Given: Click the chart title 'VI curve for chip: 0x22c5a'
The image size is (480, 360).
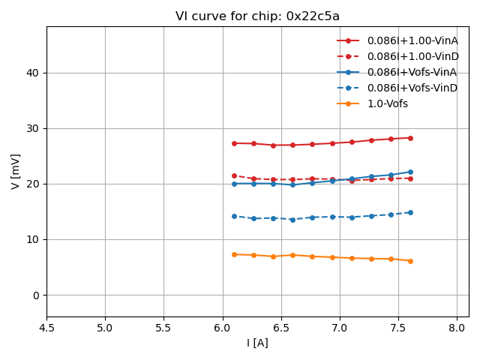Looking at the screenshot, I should click(257, 16).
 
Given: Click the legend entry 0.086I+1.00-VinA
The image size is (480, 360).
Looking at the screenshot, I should click(412, 40).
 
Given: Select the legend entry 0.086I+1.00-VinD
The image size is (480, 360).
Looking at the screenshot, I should click(412, 56).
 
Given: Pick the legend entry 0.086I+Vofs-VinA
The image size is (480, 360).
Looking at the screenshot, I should click(412, 72).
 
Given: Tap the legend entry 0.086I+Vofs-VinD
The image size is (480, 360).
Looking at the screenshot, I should click(412, 88).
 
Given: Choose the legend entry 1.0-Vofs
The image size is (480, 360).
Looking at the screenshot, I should click(388, 103).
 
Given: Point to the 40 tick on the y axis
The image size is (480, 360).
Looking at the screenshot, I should click(34, 73).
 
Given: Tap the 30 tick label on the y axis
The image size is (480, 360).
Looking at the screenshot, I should click(34, 128).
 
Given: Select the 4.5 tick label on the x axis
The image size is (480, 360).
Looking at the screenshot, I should click(46, 328).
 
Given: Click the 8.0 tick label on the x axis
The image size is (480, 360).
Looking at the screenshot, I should click(457, 328).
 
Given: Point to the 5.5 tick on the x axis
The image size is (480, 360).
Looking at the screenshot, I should click(163, 328).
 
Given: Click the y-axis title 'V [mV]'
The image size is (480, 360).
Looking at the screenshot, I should click(16, 171).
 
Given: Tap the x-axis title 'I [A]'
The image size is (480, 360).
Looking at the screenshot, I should click(257, 343).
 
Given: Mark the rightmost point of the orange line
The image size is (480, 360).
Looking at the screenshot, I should click(410, 261).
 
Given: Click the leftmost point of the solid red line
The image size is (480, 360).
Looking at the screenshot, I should click(234, 143).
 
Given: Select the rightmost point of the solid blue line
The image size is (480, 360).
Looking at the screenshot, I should click(410, 172).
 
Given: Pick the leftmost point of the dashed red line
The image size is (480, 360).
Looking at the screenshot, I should click(234, 175).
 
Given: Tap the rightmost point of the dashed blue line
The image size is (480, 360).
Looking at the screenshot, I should click(410, 212).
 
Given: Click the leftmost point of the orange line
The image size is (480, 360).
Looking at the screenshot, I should click(234, 254).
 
